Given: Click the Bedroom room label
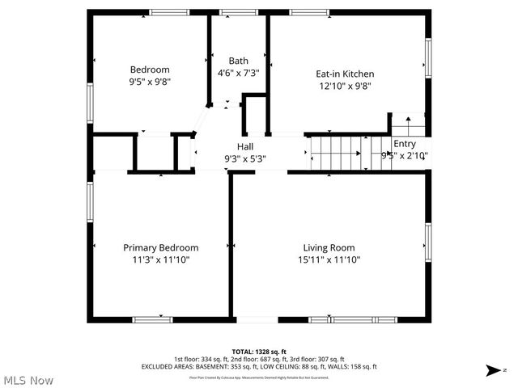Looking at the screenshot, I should click(150, 70).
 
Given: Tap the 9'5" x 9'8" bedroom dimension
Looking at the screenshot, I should click(150, 82).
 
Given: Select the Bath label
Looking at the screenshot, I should click(238, 61).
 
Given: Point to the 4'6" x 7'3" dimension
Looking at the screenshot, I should click(238, 73).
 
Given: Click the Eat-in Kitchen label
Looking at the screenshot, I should click(345, 74).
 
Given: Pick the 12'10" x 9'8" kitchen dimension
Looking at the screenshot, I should click(345, 86).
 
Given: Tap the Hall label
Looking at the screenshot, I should click(245, 146).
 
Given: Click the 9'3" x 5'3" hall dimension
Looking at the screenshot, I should click(245, 159).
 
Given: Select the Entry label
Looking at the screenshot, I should click(405, 144).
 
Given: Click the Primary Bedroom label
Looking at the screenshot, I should click(160, 247).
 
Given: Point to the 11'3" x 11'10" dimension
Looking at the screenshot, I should click(160, 259).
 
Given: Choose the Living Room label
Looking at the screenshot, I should click(329, 247).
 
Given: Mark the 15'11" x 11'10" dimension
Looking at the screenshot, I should click(329, 259).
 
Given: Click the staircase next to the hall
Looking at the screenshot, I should click(336, 152).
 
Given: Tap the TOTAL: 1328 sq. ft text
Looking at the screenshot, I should click(259, 352).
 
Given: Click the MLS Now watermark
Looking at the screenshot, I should click(28, 380).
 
